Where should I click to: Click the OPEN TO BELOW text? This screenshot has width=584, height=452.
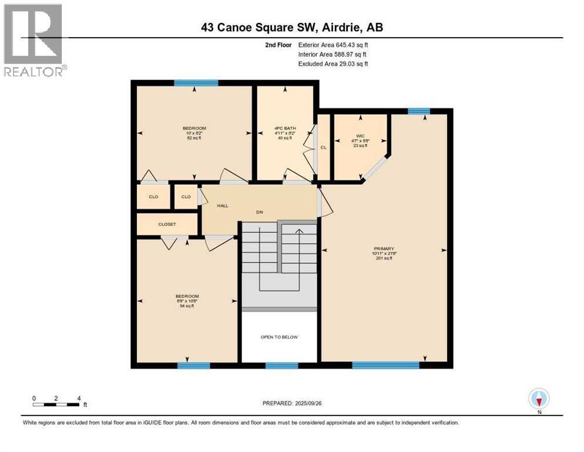point(279,337)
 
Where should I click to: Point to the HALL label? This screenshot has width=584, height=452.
point(223,205)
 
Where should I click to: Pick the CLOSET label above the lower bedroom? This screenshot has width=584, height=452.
point(167,224)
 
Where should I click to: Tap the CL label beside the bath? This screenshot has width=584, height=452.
point(323,147)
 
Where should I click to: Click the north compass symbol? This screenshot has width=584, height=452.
point(539,399)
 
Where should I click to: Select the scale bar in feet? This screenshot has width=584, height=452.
point(56,404)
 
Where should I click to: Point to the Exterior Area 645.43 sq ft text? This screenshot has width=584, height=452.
point(333,45)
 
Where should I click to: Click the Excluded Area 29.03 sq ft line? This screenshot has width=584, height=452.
point(333,64)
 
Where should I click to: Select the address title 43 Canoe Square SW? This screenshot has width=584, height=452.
point(291,27)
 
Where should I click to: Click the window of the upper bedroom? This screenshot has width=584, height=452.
point(196,83)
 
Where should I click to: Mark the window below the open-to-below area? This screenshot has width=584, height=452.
point(281,365)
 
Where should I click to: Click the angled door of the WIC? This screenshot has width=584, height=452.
point(375,168)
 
